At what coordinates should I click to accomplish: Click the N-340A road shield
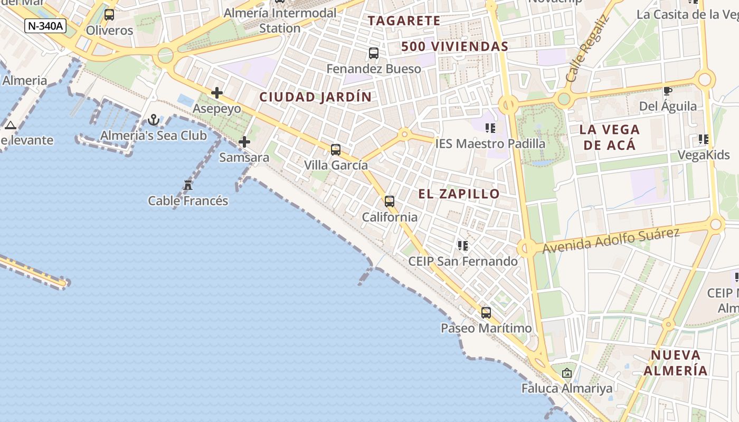(45, 25)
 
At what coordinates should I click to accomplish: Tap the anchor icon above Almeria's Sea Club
(154, 120)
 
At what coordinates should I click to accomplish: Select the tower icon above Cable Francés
(187, 185)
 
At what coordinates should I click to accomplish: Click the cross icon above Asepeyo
(216, 93)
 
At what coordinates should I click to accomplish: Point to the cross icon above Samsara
(244, 142)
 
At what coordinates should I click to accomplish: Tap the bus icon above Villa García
(336, 149)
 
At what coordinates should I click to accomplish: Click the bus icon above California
(390, 201)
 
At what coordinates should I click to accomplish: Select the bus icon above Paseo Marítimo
(486, 312)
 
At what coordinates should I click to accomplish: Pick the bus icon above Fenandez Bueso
(374, 53)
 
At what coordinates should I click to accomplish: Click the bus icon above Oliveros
(109, 14)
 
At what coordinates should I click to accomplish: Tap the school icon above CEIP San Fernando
(463, 245)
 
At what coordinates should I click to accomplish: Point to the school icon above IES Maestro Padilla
(490, 128)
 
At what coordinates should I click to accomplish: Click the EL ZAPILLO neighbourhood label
(459, 194)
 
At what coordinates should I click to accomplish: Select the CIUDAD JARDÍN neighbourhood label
(316, 97)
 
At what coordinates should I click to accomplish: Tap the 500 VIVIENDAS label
(454, 46)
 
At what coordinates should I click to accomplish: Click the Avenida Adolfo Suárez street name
(611, 240)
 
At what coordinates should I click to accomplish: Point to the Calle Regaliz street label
(587, 49)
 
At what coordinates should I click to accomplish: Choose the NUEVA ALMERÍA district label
(676, 362)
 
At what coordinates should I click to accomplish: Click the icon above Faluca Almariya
(567, 373)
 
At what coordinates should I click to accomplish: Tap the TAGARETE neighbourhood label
(404, 21)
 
